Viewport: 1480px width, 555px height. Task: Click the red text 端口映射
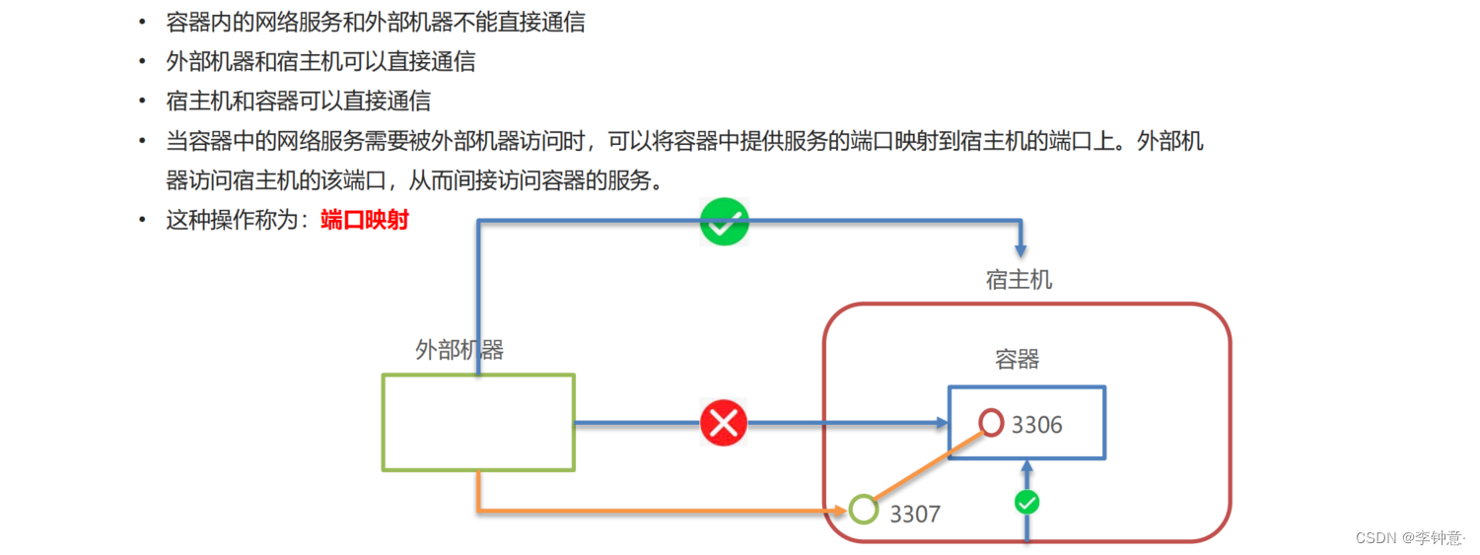click(365, 220)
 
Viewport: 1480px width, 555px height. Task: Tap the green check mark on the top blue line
click(725, 222)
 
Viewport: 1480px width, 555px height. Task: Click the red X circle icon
click(724, 424)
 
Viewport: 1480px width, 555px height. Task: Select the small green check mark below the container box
click(1027, 503)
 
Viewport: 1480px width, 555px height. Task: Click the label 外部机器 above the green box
click(459, 350)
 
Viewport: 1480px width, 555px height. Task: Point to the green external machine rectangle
click(478, 422)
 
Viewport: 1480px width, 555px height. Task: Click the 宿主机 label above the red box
click(1019, 280)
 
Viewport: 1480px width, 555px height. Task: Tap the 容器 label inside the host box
click(1018, 359)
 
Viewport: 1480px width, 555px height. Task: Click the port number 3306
click(1037, 425)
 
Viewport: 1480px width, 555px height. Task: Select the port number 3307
click(915, 514)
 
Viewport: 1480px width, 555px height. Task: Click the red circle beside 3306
click(992, 423)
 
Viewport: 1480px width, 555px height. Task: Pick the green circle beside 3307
click(864, 510)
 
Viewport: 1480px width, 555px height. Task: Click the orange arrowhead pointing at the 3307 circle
click(839, 511)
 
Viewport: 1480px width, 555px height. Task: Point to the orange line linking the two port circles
click(927, 467)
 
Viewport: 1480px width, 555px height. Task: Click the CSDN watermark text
click(1409, 537)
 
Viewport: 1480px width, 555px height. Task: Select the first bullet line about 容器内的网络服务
click(376, 23)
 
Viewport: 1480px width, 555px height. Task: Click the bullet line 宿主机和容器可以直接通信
click(299, 101)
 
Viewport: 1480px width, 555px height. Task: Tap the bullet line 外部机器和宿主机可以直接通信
click(321, 61)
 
